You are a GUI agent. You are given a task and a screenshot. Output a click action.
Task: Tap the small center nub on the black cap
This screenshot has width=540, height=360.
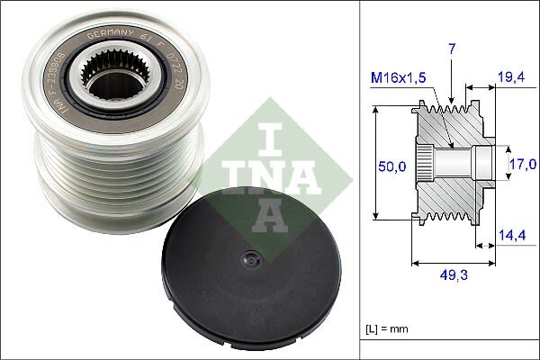[x=247, y=259]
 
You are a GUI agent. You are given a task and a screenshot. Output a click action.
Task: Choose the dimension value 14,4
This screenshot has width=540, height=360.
[x=511, y=236]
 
